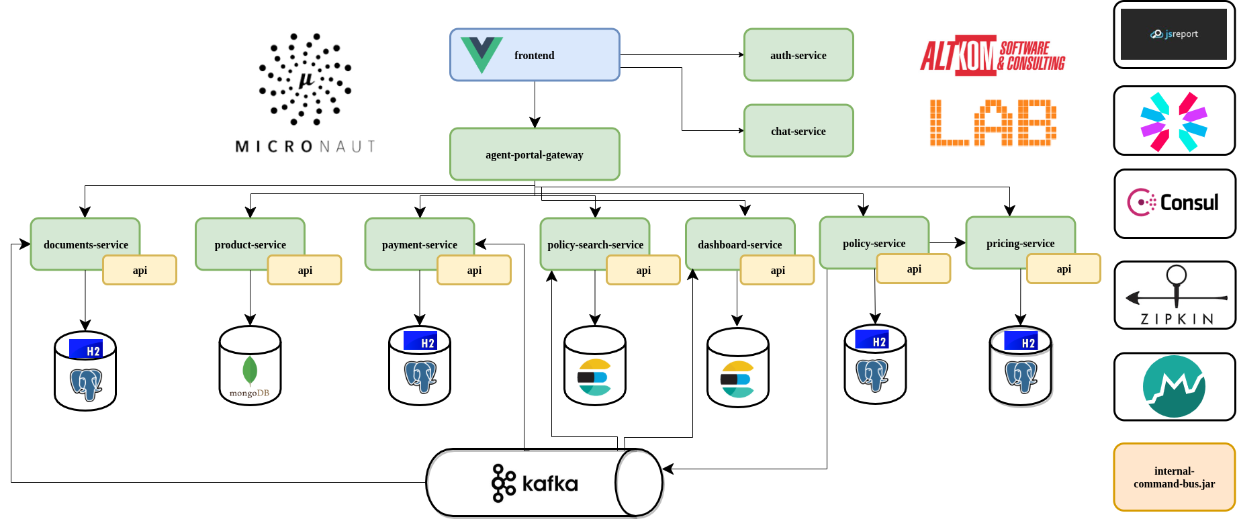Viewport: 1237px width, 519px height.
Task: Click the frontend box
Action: [535, 55]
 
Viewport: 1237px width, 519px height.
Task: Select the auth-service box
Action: [798, 55]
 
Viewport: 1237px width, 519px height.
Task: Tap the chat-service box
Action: [798, 131]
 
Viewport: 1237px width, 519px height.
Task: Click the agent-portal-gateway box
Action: [535, 154]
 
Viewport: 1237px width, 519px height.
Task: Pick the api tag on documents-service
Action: [140, 270]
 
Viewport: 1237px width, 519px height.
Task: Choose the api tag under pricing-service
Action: [1064, 269]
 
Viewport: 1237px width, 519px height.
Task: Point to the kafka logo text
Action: [549, 483]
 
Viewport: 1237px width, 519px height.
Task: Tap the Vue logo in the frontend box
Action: [482, 54]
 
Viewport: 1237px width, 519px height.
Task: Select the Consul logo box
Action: [1174, 203]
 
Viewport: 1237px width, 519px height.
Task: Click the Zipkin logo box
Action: [1174, 295]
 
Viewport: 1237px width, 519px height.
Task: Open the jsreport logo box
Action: [1174, 34]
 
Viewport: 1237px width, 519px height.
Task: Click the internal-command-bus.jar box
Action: [1174, 477]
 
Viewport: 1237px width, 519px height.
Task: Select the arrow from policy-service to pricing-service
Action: [948, 242]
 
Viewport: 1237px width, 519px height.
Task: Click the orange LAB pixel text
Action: [993, 123]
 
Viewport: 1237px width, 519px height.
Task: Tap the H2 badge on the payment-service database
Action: [420, 341]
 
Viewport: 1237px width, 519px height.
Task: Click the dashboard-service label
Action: [739, 244]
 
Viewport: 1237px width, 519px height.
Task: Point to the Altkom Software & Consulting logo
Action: [993, 55]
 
